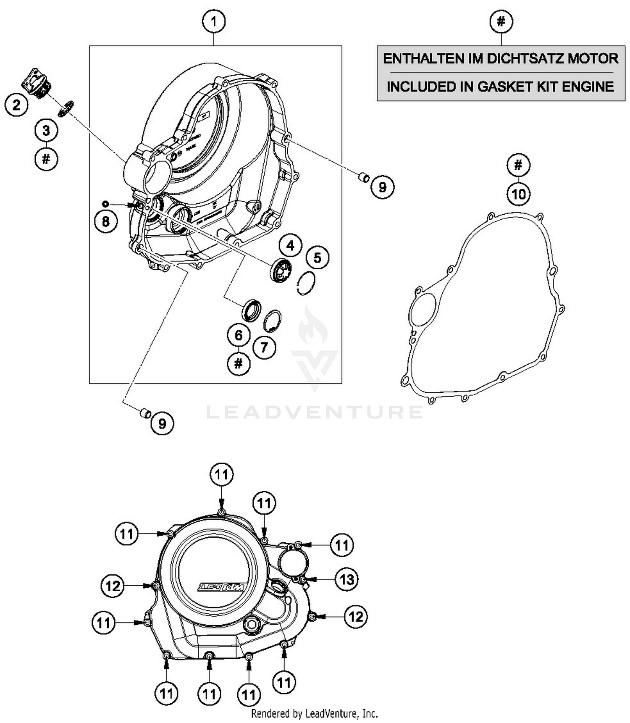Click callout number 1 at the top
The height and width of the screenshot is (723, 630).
coord(214,21)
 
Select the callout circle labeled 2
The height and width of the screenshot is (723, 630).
coord(16,104)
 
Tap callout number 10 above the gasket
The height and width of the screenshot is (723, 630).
coord(519,194)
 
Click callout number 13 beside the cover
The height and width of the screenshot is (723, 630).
coord(346,580)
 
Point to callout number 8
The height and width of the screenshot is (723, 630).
coord(105,221)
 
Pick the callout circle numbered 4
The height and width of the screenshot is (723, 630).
coord(291,245)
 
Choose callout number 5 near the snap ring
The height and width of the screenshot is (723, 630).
coord(317,258)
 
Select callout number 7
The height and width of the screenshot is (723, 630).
coord(264,347)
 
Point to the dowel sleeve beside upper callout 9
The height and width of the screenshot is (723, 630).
coord(362,177)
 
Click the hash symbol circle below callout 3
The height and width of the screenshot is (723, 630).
coord(46,159)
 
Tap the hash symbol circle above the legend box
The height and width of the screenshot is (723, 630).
coord(501,21)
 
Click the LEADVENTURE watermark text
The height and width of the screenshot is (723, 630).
coord(315,412)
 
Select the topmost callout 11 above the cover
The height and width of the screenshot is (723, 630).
coord(221,475)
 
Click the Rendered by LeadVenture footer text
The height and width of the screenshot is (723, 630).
coord(314,713)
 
